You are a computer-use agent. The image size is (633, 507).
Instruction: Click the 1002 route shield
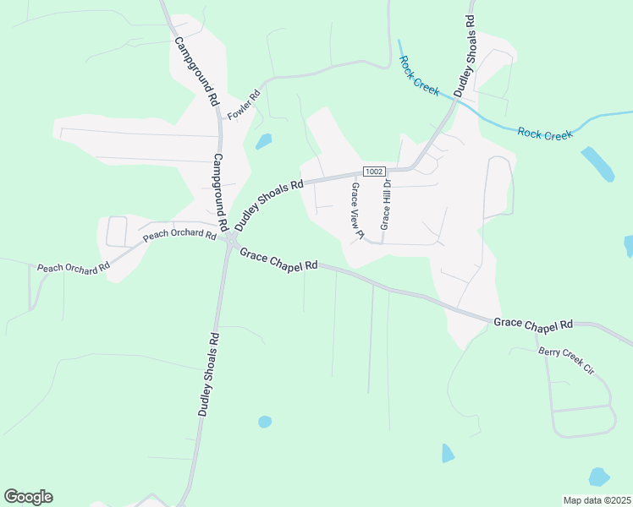point(376,171)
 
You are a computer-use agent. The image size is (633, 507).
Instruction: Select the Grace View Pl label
point(356,211)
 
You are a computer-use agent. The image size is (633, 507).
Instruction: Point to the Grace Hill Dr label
point(385,204)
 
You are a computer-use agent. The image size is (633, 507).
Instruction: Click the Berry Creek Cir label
point(567,361)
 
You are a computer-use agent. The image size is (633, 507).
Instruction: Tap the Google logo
point(28,497)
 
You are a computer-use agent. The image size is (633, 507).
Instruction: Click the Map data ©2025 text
point(597,500)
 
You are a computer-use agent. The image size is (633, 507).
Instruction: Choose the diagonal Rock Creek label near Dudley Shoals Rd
point(420,76)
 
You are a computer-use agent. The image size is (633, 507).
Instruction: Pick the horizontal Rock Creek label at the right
point(545,134)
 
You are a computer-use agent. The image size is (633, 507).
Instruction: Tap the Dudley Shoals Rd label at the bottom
point(208,373)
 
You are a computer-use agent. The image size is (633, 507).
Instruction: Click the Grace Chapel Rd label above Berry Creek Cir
point(533,324)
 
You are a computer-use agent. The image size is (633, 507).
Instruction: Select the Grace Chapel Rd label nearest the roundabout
point(278,259)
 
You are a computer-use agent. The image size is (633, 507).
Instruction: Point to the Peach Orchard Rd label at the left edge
point(74,267)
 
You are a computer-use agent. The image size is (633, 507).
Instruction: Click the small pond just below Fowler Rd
point(264,141)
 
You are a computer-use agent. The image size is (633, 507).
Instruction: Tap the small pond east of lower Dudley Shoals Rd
point(265,421)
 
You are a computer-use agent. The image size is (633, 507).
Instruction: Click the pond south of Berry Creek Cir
point(599,477)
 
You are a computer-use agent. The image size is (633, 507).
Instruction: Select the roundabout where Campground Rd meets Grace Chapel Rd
point(231,243)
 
